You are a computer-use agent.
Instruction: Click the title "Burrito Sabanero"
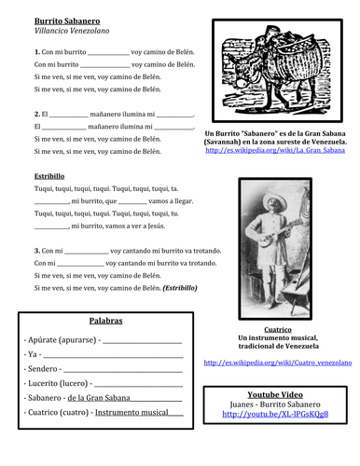67,20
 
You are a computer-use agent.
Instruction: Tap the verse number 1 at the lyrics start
36,51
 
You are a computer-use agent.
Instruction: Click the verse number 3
36,251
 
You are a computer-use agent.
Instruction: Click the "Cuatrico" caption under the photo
277,329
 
